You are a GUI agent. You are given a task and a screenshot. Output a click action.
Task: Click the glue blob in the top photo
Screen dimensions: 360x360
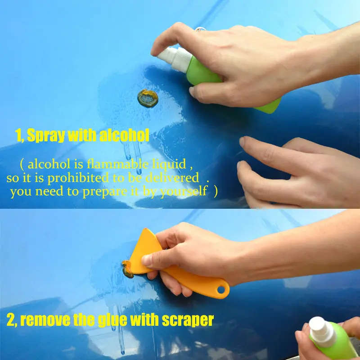(x=148, y=98)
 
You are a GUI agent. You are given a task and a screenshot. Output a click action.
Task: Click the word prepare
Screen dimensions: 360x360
(x=105, y=192)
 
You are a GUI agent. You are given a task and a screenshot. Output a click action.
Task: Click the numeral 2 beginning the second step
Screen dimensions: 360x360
(x=10, y=320)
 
